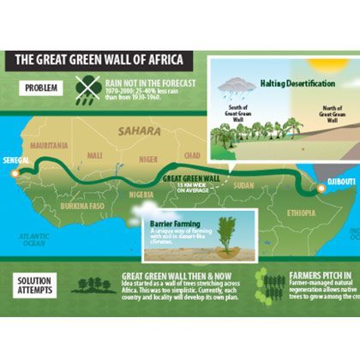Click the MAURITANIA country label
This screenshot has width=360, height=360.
49,146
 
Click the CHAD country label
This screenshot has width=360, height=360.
192,155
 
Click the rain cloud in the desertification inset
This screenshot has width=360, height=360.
235,87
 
